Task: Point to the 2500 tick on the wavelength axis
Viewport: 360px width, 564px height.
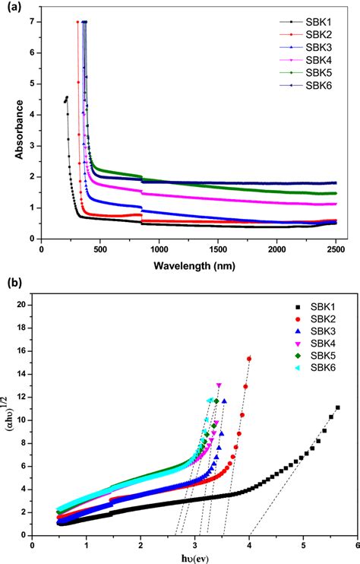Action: (x=336, y=249)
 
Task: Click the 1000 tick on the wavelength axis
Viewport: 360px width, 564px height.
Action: (x=158, y=249)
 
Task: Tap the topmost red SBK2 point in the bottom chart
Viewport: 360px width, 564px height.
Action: (x=249, y=358)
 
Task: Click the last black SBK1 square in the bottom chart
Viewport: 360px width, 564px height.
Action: (x=337, y=407)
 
